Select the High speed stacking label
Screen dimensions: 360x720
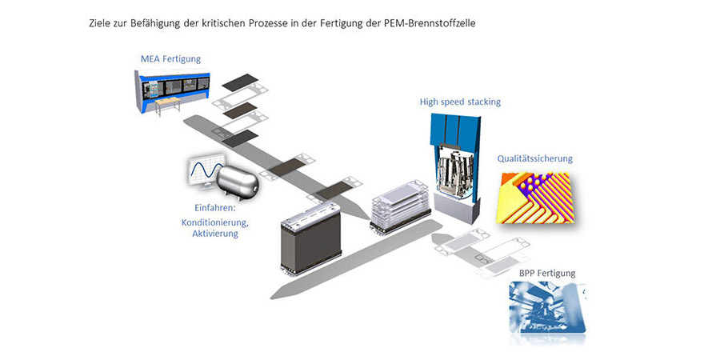point(460,102)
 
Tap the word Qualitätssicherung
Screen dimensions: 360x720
point(534,158)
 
